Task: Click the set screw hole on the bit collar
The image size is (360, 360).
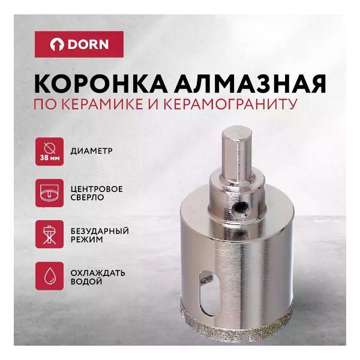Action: pyautogui.click(x=239, y=208)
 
